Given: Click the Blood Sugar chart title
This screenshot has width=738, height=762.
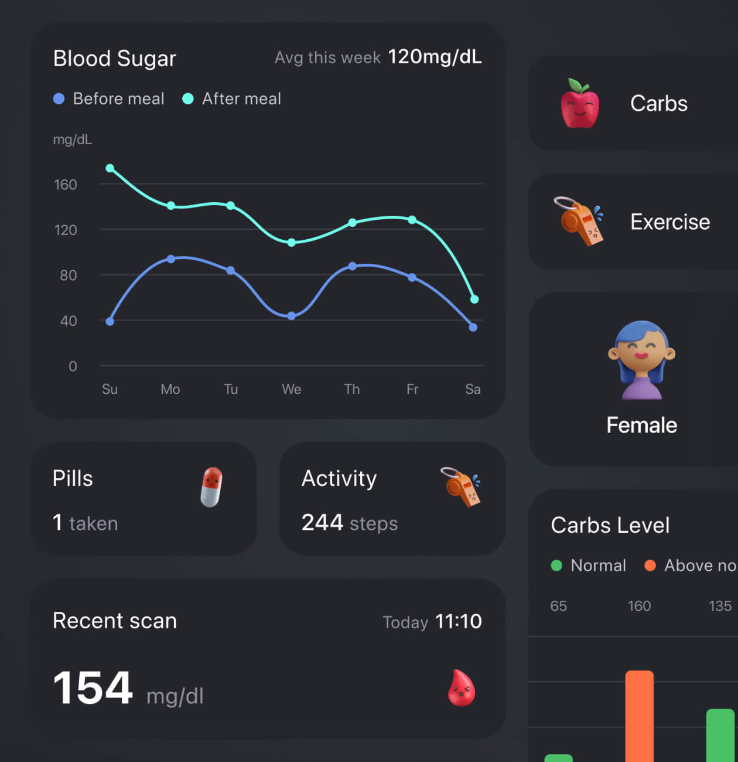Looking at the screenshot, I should pyautogui.click(x=114, y=59).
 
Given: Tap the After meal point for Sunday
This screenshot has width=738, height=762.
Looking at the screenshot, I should pyautogui.click(x=110, y=168).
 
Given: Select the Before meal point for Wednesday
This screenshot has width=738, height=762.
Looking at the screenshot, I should pyautogui.click(x=291, y=316).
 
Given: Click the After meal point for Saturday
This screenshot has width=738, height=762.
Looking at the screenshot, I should pyautogui.click(x=474, y=300).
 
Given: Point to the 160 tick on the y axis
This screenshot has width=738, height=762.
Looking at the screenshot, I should pyautogui.click(x=66, y=185).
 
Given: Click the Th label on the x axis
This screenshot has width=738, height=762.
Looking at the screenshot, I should pyautogui.click(x=352, y=389).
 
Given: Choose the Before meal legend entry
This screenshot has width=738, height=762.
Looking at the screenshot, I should pyautogui.click(x=109, y=98).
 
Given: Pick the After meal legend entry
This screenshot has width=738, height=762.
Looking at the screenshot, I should pyautogui.click(x=232, y=98).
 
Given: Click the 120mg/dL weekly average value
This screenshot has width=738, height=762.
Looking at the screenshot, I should pyautogui.click(x=435, y=57).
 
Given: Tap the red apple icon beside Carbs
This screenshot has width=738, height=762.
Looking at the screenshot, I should pyautogui.click(x=580, y=104).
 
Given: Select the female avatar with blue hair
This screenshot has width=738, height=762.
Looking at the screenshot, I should pyautogui.click(x=641, y=360).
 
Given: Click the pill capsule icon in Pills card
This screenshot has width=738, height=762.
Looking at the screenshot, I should pyautogui.click(x=211, y=487).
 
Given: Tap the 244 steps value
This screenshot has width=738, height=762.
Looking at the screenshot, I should pyautogui.click(x=349, y=522).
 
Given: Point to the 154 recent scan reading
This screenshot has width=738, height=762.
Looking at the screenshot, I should pyautogui.click(x=93, y=688).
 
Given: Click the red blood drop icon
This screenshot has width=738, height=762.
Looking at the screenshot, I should pyautogui.click(x=462, y=688).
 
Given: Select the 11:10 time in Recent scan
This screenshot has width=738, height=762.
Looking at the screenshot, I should pyautogui.click(x=459, y=621).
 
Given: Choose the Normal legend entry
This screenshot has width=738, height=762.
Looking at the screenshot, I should pyautogui.click(x=589, y=565).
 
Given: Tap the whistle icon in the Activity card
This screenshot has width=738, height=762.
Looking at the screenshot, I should pyautogui.click(x=461, y=487).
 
